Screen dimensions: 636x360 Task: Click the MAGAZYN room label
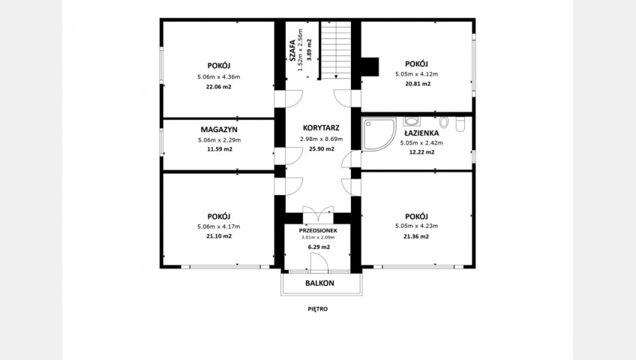click(219, 130)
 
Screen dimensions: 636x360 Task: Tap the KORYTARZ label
click(321, 127)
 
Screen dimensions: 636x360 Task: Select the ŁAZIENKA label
click(421, 133)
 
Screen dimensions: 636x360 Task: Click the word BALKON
click(319, 283)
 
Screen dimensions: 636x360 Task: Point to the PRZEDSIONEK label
click(318, 230)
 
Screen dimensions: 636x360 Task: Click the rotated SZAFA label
click(292, 50)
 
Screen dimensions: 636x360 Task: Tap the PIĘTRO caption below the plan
click(317, 309)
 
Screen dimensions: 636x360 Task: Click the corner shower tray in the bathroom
click(379, 134)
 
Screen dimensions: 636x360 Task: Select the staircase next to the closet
click(336, 49)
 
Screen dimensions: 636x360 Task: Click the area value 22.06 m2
click(219, 86)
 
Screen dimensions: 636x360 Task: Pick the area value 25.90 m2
click(322, 148)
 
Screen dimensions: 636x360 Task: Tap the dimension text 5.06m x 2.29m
click(220, 140)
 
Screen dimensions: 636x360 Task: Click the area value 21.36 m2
click(416, 236)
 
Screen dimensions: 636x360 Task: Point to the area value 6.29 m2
click(319, 247)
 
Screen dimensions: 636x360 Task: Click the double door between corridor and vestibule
click(318, 214)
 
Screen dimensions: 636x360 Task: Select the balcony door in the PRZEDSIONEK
click(319, 262)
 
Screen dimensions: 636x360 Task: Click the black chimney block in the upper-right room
click(370, 67)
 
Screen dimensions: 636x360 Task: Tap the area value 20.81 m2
click(418, 84)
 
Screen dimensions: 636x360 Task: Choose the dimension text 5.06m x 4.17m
click(219, 226)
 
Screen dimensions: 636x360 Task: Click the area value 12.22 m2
click(421, 152)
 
